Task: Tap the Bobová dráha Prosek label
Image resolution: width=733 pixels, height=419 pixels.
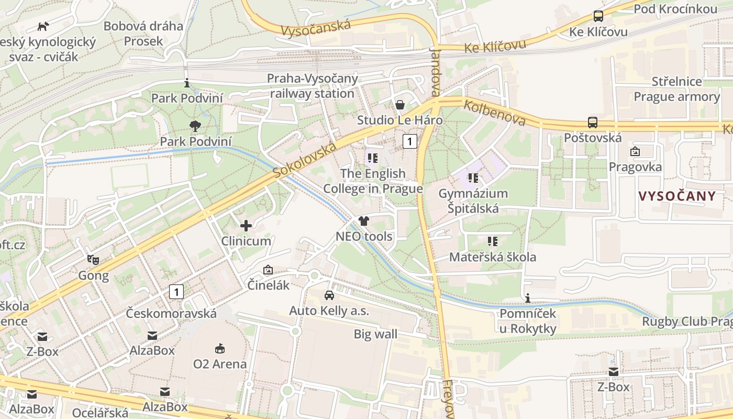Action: pyautogui.click(x=143, y=33)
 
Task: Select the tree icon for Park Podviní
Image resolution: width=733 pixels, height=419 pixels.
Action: pyautogui.click(x=195, y=126)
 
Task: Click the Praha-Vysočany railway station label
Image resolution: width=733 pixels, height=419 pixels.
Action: pyautogui.click(x=313, y=86)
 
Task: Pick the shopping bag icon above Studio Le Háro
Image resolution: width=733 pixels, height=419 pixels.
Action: pyautogui.click(x=400, y=105)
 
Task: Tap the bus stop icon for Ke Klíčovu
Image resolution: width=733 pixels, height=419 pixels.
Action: pyautogui.click(x=598, y=16)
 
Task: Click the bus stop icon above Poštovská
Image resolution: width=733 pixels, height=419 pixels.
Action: pyautogui.click(x=593, y=123)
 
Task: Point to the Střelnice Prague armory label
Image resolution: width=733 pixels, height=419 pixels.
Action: pyautogui.click(x=676, y=89)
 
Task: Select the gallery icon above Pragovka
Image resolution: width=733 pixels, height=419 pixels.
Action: pyautogui.click(x=635, y=152)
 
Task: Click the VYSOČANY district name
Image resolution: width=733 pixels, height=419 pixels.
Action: pyautogui.click(x=677, y=196)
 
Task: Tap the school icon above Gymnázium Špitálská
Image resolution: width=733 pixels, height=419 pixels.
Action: pyautogui.click(x=473, y=178)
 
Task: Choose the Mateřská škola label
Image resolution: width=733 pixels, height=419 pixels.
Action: pyautogui.click(x=492, y=257)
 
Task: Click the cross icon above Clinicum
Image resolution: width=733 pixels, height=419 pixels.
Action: pyautogui.click(x=246, y=226)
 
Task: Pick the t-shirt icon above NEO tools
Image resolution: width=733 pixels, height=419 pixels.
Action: pyautogui.click(x=364, y=221)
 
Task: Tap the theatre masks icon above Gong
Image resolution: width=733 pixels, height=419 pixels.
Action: pyautogui.click(x=93, y=259)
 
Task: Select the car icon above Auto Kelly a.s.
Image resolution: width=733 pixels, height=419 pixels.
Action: pyautogui.click(x=329, y=295)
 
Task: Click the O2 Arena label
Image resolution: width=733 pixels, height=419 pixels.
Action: pyautogui.click(x=220, y=363)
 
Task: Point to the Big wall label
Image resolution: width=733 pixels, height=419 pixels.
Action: pyautogui.click(x=375, y=334)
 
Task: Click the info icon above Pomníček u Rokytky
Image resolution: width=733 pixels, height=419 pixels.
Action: pyautogui.click(x=528, y=299)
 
